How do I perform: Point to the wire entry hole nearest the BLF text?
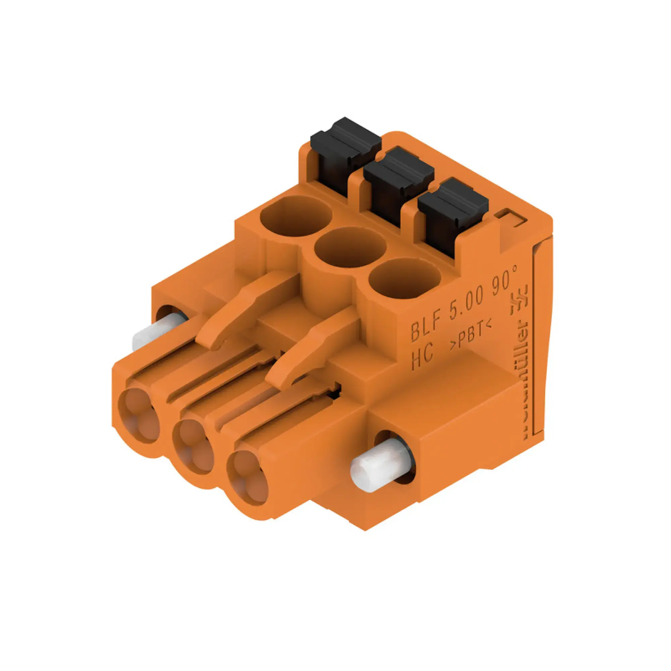pyautogui.click(x=404, y=278)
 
